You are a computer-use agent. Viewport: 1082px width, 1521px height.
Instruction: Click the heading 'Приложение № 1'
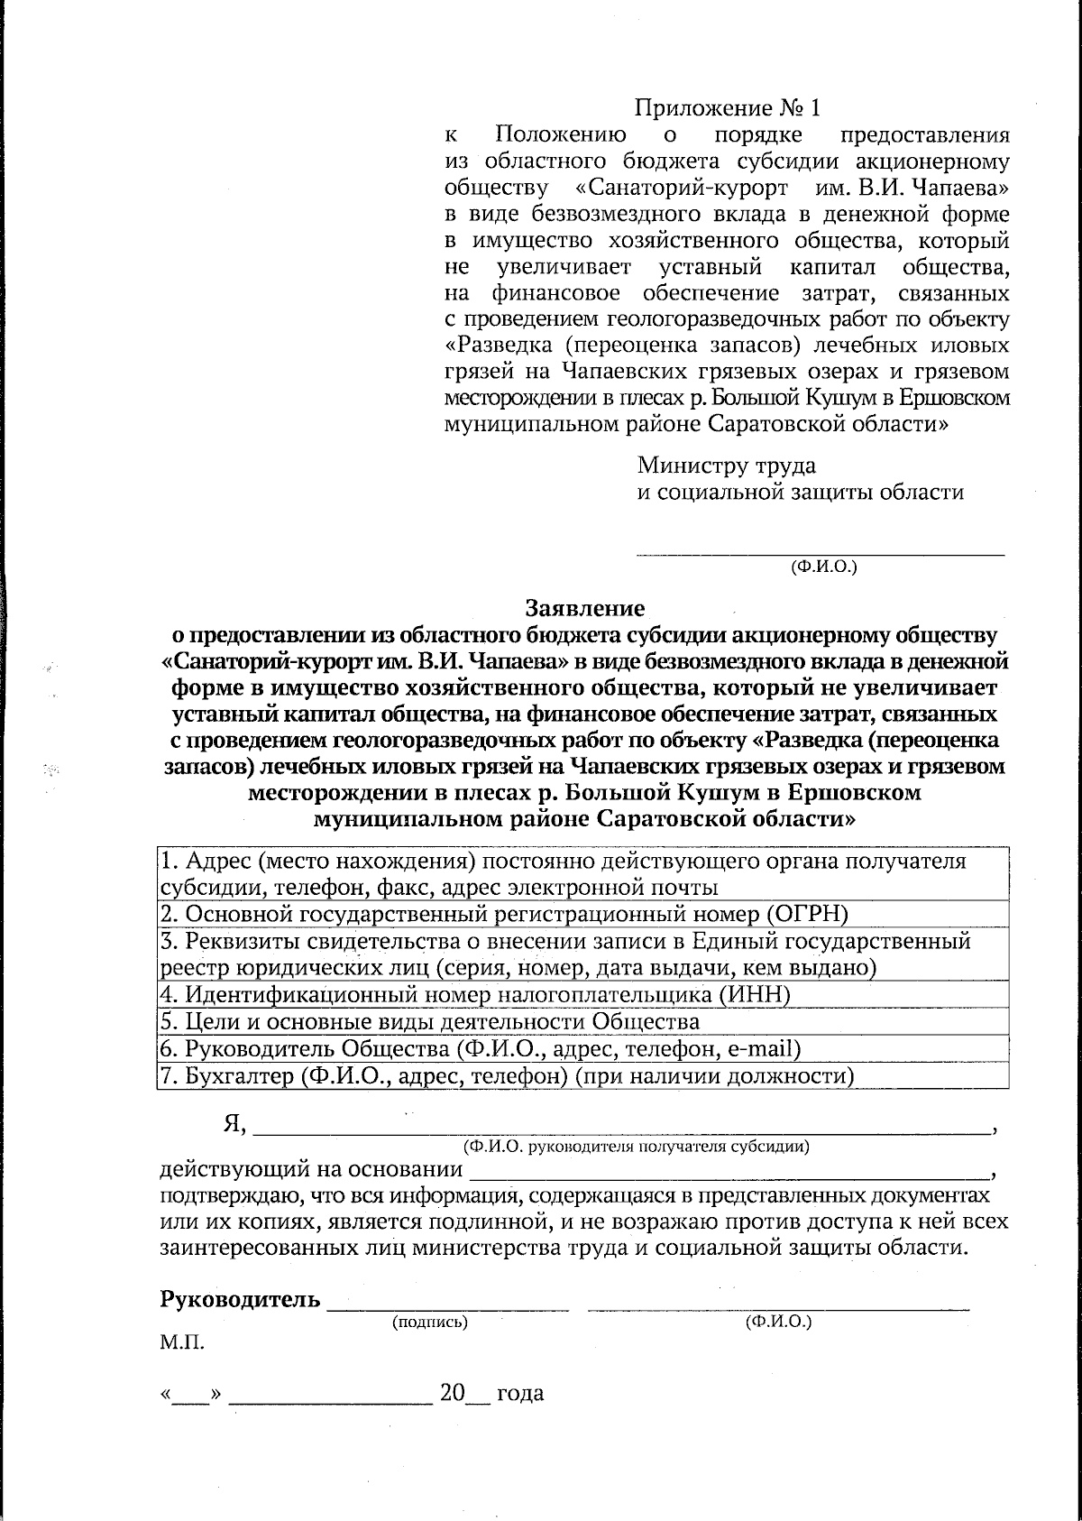(x=729, y=108)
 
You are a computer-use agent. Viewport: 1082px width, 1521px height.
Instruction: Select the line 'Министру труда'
(x=727, y=466)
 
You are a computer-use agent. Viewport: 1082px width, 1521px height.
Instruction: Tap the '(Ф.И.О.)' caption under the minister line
(x=822, y=567)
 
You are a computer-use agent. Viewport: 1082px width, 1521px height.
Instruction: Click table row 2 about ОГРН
(x=505, y=914)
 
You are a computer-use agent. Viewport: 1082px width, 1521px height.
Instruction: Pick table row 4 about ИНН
(x=475, y=995)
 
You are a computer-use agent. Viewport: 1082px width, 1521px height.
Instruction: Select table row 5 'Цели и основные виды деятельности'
(x=430, y=1021)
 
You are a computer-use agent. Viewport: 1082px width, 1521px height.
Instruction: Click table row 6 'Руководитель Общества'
(x=481, y=1048)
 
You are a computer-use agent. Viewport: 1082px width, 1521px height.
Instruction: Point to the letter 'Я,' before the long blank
(x=234, y=1125)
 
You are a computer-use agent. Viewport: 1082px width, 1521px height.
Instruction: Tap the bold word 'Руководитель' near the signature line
(x=240, y=1299)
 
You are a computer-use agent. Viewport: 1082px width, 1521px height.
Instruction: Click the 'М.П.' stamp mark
(x=182, y=1343)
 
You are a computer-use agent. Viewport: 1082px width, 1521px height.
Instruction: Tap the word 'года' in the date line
(x=520, y=1393)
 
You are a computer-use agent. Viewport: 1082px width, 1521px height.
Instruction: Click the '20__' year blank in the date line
(x=464, y=1393)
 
